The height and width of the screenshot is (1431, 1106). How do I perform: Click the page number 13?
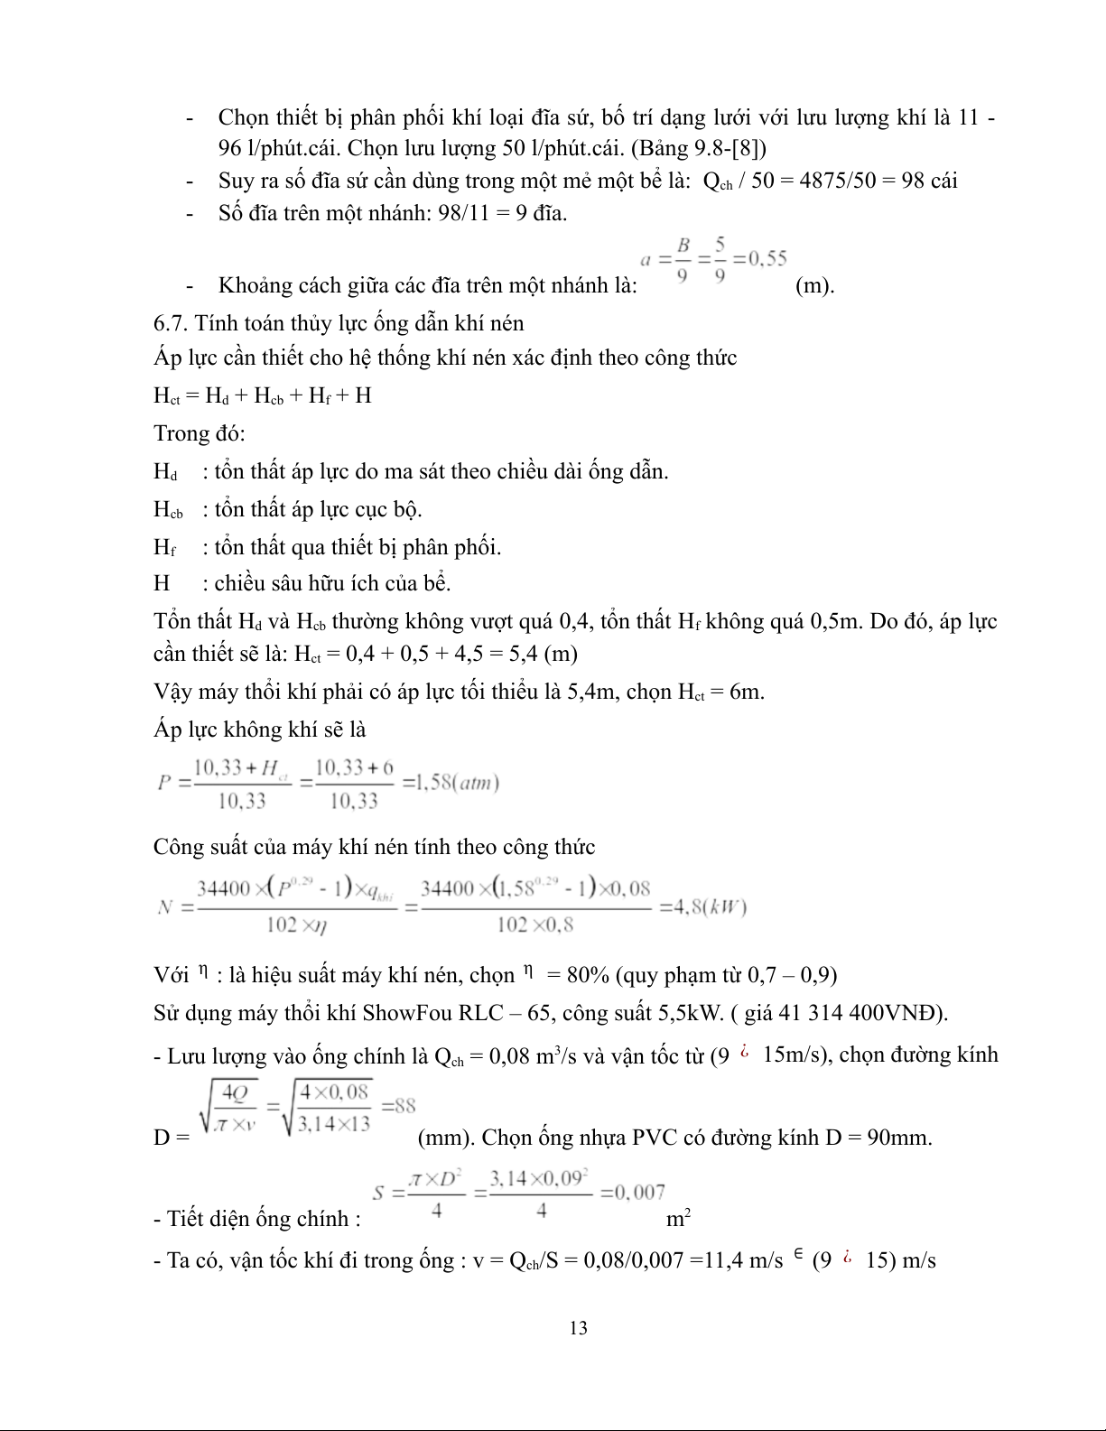(579, 1327)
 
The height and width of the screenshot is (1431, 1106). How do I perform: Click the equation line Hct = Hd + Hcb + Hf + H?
(263, 395)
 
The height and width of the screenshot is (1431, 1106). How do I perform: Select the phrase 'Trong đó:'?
(200, 433)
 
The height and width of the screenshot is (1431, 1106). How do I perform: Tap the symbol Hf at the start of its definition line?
(164, 547)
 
